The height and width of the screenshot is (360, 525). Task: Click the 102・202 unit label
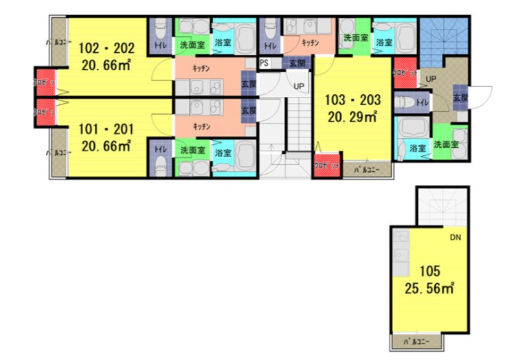[106, 49]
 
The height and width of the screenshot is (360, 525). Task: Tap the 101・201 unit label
[106, 129]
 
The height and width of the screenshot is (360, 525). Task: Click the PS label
[265, 63]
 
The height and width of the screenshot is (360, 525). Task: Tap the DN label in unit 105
[455, 238]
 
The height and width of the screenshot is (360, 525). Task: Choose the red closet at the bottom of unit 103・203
[322, 167]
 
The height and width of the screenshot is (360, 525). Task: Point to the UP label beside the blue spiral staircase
[431, 78]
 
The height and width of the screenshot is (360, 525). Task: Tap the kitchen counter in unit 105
[400, 250]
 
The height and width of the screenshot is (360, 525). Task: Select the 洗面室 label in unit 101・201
[192, 150]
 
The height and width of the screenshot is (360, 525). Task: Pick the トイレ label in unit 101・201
[160, 148]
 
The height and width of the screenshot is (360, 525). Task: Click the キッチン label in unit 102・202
[201, 69]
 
